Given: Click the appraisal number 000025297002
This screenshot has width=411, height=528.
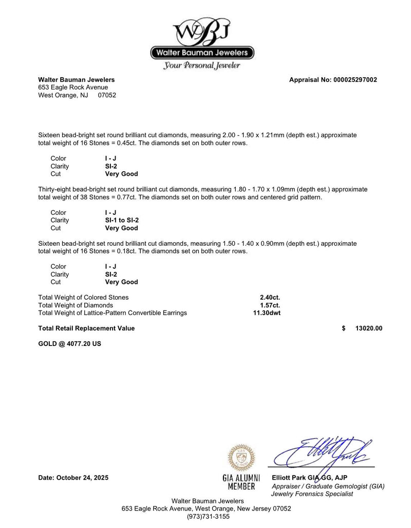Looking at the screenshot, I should pyautogui.click(x=355, y=80).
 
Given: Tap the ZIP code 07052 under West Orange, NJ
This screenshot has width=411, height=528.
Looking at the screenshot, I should pyautogui.click(x=107, y=95).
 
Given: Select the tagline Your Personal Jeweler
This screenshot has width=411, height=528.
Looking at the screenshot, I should pyautogui.click(x=202, y=66).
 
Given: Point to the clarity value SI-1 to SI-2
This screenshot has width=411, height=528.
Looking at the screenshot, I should pyautogui.click(x=122, y=220).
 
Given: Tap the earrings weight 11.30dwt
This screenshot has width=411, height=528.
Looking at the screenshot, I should pyautogui.click(x=267, y=313).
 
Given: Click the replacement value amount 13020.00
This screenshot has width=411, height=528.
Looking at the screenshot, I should pyautogui.click(x=368, y=328).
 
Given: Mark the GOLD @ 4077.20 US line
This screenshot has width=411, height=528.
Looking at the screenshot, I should pyautogui.click(x=70, y=343).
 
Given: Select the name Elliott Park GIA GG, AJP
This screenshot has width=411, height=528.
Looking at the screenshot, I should pyautogui.click(x=312, y=478).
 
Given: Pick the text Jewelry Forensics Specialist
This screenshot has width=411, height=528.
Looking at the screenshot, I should pyautogui.click(x=312, y=494).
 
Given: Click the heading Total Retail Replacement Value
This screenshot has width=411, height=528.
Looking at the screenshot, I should pyautogui.click(x=86, y=328).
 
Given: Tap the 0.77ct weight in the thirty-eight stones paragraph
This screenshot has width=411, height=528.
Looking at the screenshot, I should pyautogui.click(x=117, y=197).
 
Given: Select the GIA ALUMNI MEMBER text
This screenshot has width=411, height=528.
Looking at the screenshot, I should pyautogui.click(x=241, y=482).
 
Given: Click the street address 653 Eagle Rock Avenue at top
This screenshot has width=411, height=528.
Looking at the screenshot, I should pyautogui.click(x=73, y=87).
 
